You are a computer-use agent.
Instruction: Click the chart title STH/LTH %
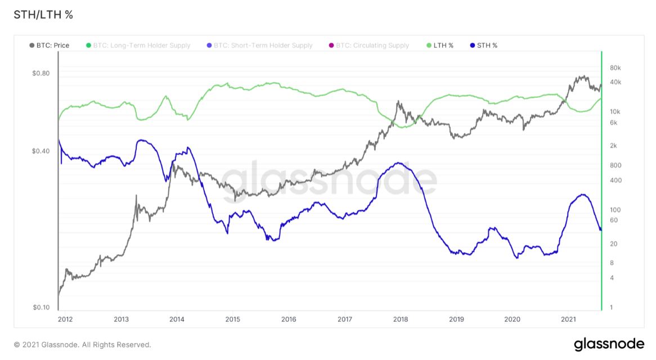tap(43, 15)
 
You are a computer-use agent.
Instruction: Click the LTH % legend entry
tap(440, 45)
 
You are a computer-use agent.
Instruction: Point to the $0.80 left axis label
tap(41, 73)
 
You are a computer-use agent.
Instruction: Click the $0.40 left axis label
tap(41, 151)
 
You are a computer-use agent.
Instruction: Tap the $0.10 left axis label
tap(41, 308)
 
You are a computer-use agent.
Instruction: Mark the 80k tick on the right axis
tap(615, 68)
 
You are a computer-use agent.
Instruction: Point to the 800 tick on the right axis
tap(615, 165)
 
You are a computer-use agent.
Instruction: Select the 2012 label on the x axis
tap(65, 319)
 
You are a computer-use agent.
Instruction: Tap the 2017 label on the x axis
tap(345, 319)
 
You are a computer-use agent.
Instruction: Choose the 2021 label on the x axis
tap(568, 319)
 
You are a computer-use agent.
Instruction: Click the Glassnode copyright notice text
tap(82, 345)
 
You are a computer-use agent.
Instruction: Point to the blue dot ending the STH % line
tap(601, 229)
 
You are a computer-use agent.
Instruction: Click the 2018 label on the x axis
tap(401, 319)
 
